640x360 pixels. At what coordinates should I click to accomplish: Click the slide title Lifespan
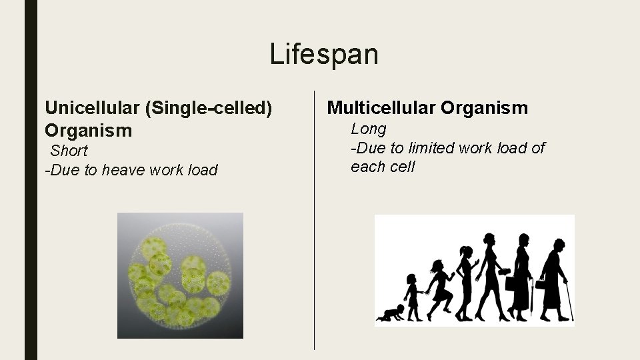click(323, 54)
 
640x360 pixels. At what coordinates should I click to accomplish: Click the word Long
click(369, 129)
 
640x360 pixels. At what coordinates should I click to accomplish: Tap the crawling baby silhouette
click(390, 313)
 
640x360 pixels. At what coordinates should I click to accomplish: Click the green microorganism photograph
click(180, 275)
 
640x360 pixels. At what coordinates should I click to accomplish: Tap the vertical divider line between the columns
click(314, 220)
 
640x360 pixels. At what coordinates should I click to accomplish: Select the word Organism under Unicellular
click(89, 130)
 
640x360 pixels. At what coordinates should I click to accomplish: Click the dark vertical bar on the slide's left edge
click(31, 180)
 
